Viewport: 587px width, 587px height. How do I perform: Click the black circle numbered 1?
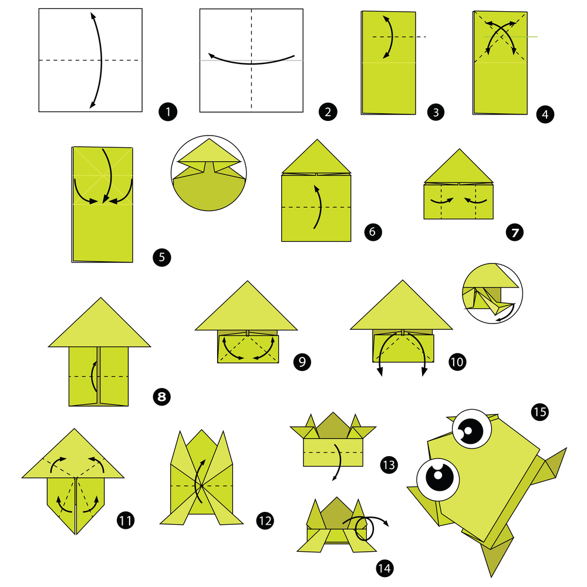click(x=168, y=111)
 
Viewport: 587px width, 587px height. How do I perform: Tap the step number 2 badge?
click(x=328, y=111)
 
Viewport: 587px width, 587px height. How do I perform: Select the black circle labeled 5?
click(x=161, y=257)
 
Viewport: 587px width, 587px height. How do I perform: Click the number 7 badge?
click(x=514, y=232)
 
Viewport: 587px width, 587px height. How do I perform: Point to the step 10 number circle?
click(x=457, y=361)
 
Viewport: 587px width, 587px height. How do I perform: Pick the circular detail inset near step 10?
click(x=493, y=292)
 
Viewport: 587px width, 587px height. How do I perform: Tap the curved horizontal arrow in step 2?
click(x=251, y=59)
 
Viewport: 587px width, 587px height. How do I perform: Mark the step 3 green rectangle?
click(x=389, y=63)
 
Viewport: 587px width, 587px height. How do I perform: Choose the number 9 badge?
click(x=302, y=361)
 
